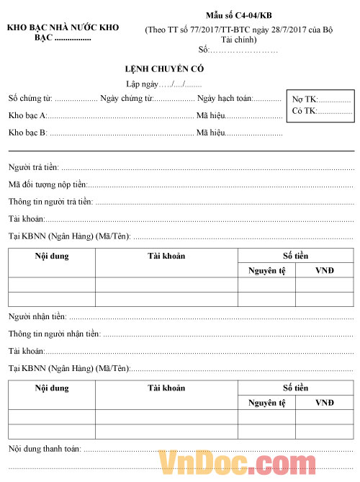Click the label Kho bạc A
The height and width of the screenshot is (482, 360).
coord(27,115)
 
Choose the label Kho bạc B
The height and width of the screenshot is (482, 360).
coord(27,133)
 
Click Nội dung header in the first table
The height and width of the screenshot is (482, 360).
coord(51,256)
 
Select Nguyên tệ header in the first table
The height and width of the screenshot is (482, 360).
coord(267,270)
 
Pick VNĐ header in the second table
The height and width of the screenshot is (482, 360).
coord(325,402)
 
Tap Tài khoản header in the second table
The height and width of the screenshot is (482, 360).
coord(166,388)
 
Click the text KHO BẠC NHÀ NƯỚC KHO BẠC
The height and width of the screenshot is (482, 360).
coord(63,32)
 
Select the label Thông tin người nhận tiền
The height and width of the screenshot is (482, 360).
coord(54,334)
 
